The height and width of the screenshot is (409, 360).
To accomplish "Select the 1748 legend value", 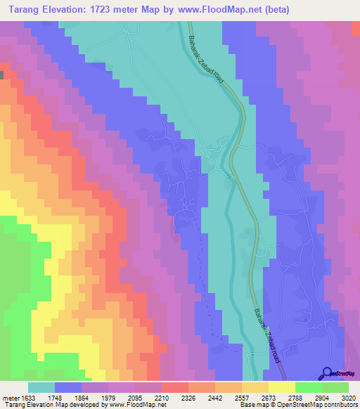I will (67, 397).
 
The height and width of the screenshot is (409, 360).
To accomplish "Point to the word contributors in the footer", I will (341, 404).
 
